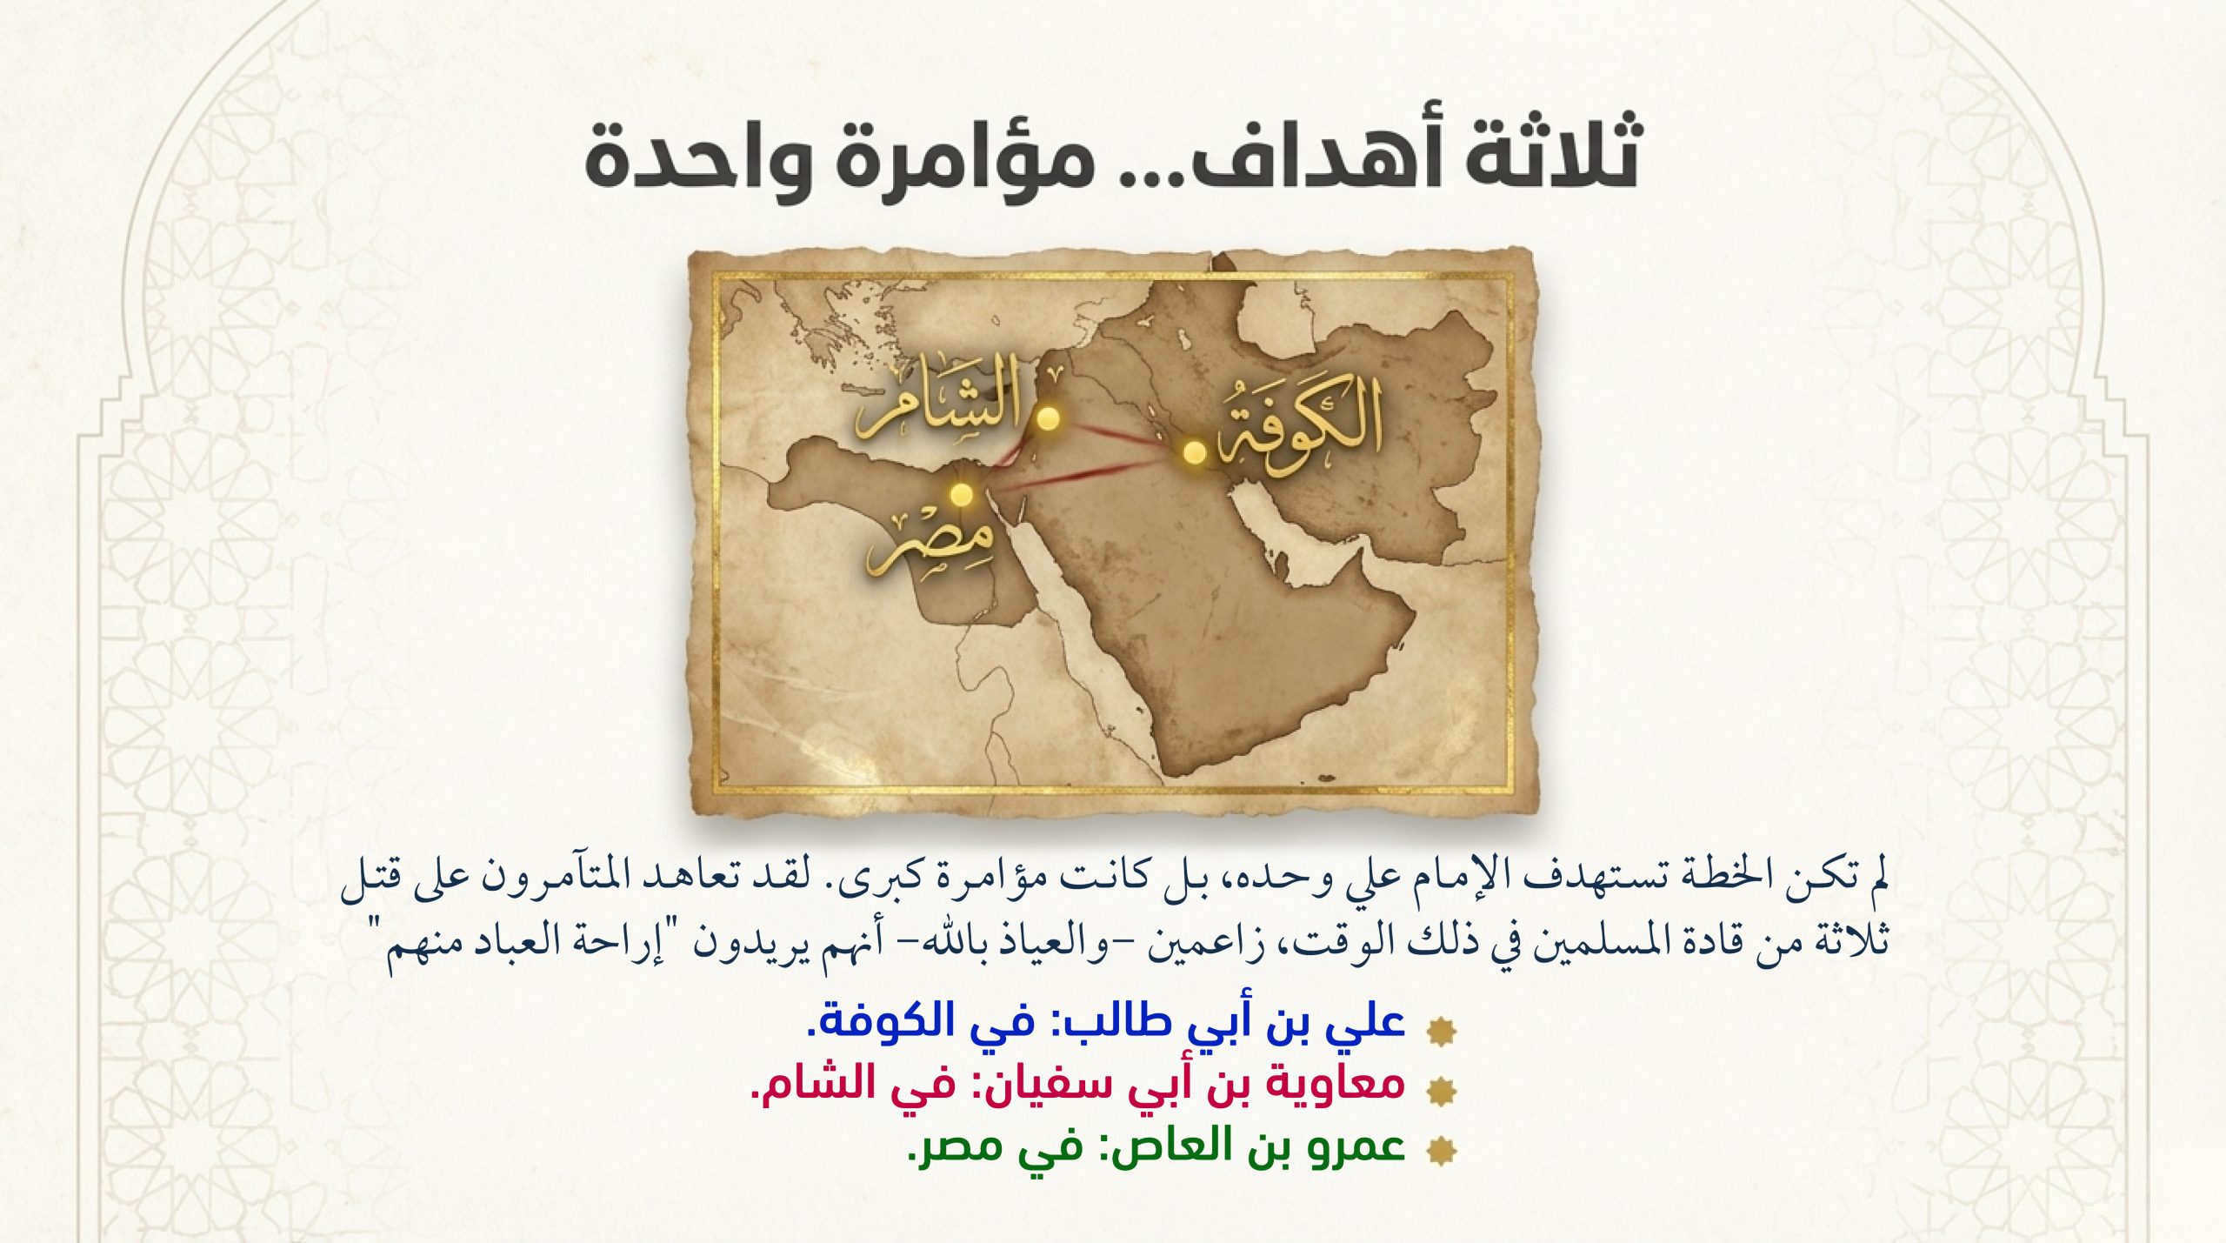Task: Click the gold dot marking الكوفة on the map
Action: [x=1194, y=451]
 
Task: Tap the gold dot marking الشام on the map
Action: [x=1050, y=418]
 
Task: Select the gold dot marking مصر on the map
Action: [x=961, y=494]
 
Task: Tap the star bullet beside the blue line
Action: [x=1443, y=1030]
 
